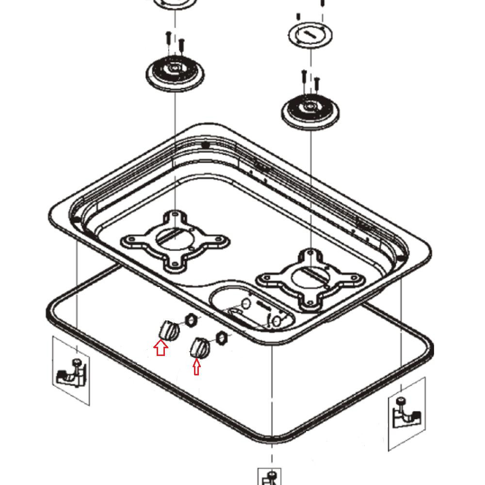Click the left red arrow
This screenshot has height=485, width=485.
161,348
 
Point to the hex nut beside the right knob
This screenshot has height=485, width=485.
221,337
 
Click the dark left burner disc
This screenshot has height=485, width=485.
175,73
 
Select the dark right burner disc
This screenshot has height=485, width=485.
310,111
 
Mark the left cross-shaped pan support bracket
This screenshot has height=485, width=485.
175,240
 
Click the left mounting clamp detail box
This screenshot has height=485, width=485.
71,372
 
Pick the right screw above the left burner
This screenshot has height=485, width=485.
181,46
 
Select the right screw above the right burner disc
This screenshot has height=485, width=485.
317,83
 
